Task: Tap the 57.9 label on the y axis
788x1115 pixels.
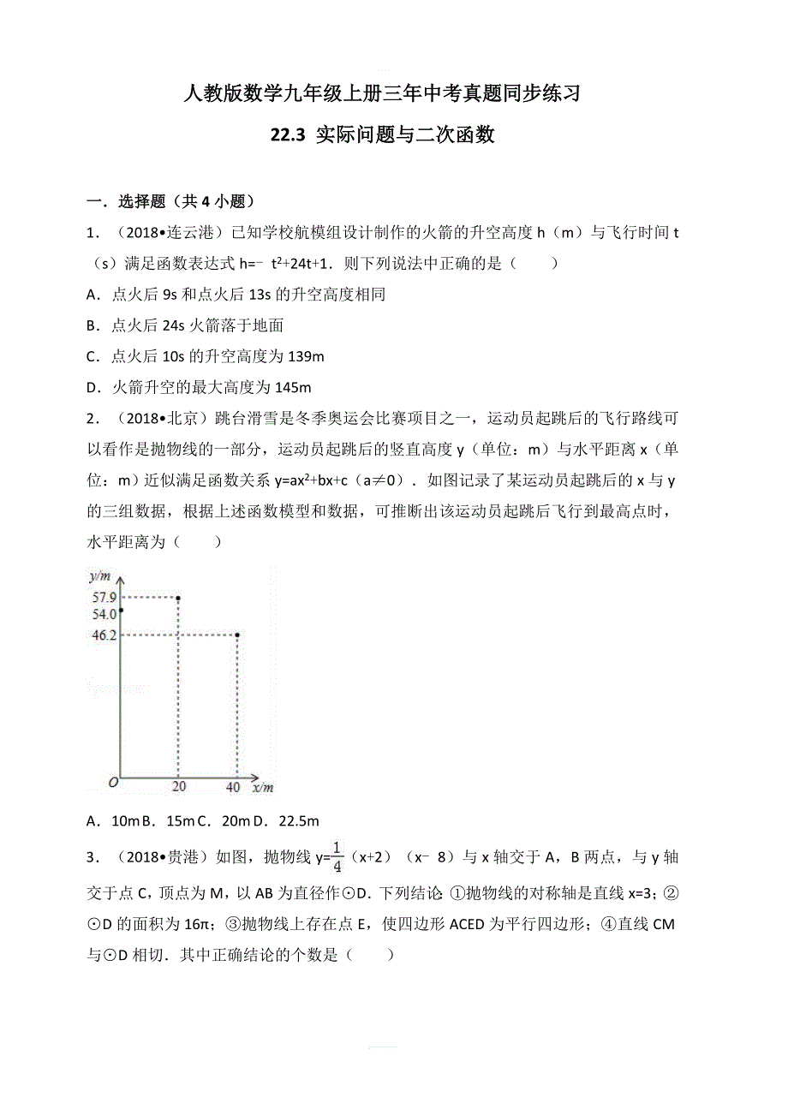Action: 104,597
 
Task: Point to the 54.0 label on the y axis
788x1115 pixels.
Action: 104,614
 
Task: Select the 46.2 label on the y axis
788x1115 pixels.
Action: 104,635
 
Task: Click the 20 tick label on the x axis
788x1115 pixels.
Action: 179,788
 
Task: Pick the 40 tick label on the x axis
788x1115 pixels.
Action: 233,788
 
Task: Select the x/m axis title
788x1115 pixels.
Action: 262,788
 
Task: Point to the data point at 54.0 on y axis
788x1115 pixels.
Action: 122,611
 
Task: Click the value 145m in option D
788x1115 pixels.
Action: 292,387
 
